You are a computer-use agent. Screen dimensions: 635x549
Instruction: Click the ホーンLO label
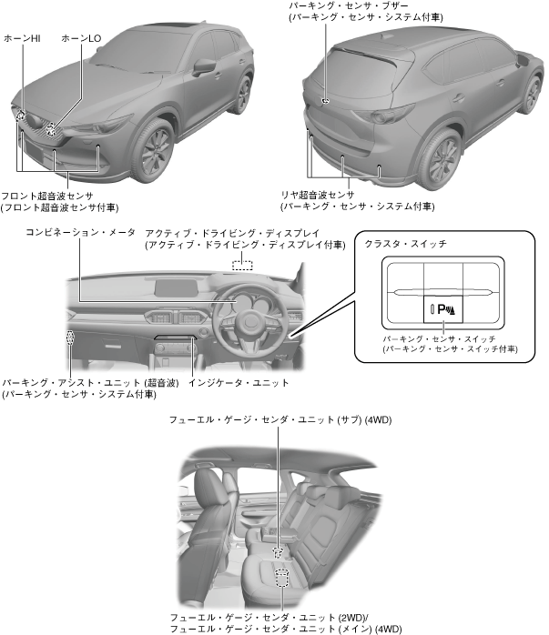(81, 38)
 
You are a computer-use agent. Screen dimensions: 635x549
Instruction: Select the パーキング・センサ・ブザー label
(345, 5)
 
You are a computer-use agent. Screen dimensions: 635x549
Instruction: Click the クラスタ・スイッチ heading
(405, 245)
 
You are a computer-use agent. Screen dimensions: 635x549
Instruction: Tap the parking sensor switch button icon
(442, 310)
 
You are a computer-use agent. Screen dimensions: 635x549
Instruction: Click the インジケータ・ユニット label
(239, 383)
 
